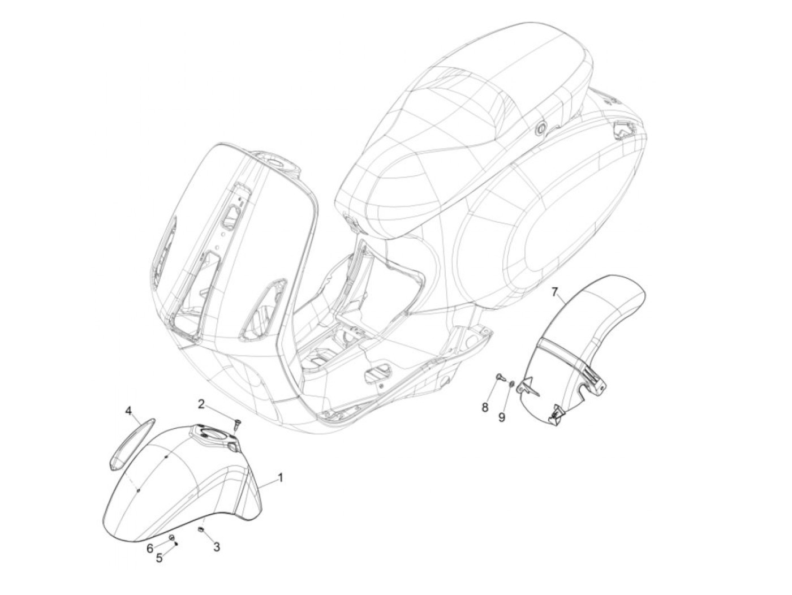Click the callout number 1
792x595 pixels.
coord(280,478)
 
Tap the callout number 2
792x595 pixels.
coord(201,403)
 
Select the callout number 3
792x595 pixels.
coord(216,546)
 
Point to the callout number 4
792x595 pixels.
coord(128,409)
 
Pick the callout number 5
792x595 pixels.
coord(159,558)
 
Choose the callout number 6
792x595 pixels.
coord(150,548)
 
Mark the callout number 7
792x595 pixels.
coord(555,292)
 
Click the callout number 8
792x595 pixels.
coord(485,407)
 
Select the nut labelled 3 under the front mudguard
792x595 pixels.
coord(200,529)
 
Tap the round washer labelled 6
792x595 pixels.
coord(171,536)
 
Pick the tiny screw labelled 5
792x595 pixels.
coord(177,544)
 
